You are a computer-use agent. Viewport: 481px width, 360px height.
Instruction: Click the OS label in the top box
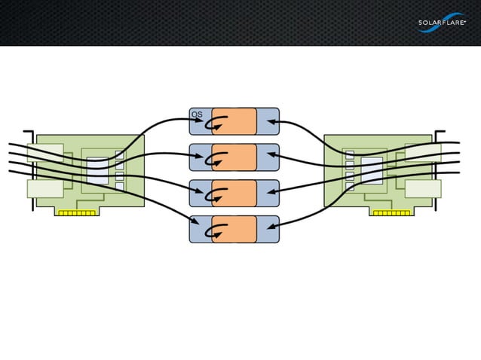coord(197,114)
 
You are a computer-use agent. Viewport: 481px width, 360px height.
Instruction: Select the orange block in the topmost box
coord(234,121)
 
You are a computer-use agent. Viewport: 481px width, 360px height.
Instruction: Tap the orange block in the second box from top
coord(234,157)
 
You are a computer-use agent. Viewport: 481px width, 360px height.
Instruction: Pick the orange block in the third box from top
coord(234,194)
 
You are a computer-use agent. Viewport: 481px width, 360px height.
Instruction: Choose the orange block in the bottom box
coord(234,230)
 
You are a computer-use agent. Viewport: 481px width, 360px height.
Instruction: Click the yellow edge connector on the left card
coord(77,213)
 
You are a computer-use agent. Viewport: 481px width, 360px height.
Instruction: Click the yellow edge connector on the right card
coord(392,213)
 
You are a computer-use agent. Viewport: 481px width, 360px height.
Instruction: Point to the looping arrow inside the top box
coord(219,121)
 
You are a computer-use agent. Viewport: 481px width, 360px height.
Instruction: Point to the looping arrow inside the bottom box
coord(219,230)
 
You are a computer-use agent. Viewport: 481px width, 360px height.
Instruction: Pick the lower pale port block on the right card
coord(422,188)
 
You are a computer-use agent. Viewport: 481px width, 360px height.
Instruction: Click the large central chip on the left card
coord(97,170)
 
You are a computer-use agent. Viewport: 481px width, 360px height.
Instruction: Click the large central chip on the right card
coord(372,170)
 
